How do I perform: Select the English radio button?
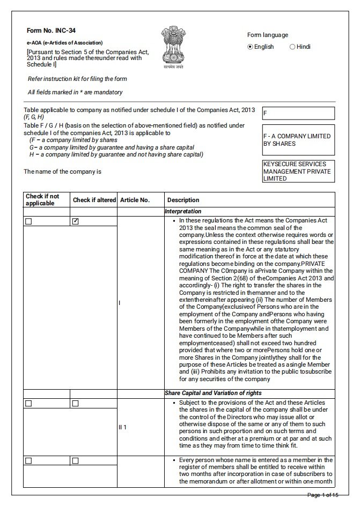click(x=250, y=47)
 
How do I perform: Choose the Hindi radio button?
click(x=292, y=47)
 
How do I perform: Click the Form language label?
click(x=267, y=35)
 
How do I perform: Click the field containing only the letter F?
click(x=298, y=114)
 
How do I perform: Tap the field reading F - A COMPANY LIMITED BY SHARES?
click(x=298, y=140)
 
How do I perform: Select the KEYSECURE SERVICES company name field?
click(x=298, y=172)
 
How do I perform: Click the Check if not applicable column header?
click(x=42, y=200)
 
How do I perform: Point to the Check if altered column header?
click(x=94, y=200)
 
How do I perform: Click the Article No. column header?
click(x=135, y=200)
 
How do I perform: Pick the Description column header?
click(x=183, y=200)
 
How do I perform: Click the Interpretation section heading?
click(x=183, y=212)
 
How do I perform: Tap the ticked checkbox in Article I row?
click(x=75, y=221)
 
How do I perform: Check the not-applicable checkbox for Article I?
click(x=28, y=221)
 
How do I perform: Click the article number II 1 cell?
click(x=123, y=427)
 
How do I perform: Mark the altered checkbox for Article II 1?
click(x=75, y=403)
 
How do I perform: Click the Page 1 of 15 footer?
click(x=322, y=494)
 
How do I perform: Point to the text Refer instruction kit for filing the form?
click(x=77, y=79)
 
